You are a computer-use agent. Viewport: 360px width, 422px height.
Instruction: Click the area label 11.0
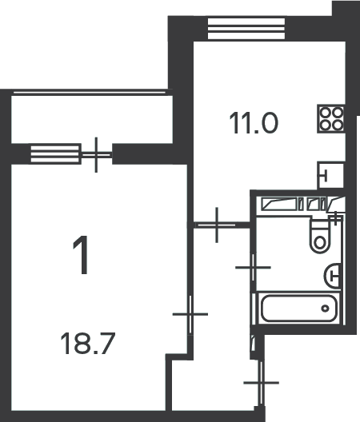pyautogui.click(x=254, y=123)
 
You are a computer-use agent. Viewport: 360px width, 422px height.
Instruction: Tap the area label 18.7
pyautogui.click(x=88, y=344)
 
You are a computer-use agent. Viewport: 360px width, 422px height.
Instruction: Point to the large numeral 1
pyautogui.click(x=81, y=255)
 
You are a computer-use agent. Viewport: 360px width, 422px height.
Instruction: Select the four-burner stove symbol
pyautogui.click(x=331, y=118)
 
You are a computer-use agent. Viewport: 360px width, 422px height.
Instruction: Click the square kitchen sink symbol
pyautogui.click(x=331, y=176)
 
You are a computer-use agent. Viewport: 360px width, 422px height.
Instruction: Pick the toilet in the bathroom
pyautogui.click(x=319, y=237)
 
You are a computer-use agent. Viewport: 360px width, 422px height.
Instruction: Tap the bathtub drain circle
pyautogui.click(x=326, y=309)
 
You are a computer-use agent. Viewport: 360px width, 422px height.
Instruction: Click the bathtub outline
pyautogui.click(x=299, y=308)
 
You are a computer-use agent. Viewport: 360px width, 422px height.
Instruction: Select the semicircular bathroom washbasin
pyautogui.click(x=332, y=276)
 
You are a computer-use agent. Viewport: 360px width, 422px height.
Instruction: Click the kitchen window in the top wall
pyautogui.click(x=246, y=29)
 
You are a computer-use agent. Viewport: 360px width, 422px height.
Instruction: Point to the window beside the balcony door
pyautogui.click(x=55, y=154)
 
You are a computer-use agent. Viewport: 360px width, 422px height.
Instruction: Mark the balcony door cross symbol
pyautogui.click(x=96, y=155)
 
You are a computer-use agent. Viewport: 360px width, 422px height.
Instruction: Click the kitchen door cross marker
pyautogui.click(x=217, y=225)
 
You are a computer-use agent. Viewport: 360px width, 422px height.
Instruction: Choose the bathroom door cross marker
pyautogui.click(x=253, y=267)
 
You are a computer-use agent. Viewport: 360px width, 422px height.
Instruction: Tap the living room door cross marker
pyautogui.click(x=190, y=314)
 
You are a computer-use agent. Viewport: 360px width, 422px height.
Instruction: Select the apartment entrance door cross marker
pyautogui.click(x=261, y=382)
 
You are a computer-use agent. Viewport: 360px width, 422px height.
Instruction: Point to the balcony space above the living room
pyautogui.click(x=92, y=119)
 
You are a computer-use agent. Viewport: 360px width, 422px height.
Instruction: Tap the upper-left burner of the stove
pyautogui.click(x=326, y=112)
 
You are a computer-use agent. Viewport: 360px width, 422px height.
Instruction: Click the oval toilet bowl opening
pyautogui.click(x=320, y=243)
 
